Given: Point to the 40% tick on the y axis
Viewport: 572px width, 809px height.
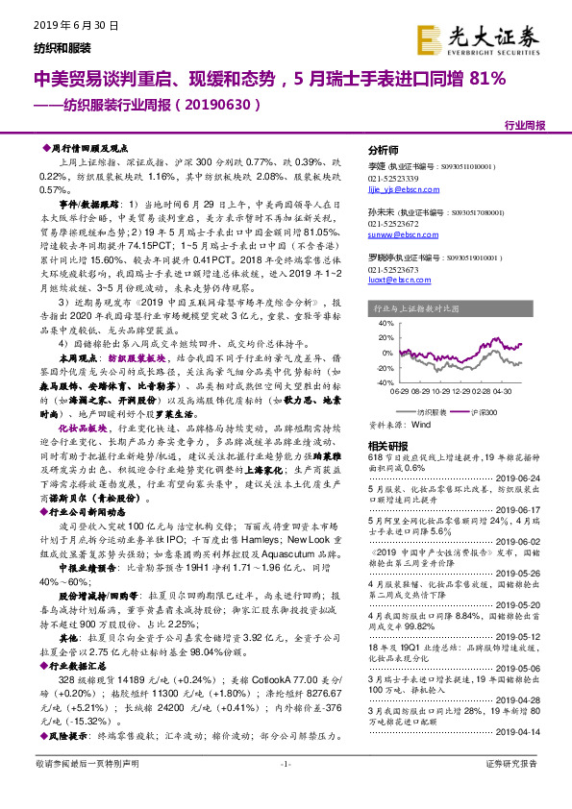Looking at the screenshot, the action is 387,324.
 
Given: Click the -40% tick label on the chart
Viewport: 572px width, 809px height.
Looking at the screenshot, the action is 385,382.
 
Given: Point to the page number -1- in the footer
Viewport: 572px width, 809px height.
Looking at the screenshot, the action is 285,790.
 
